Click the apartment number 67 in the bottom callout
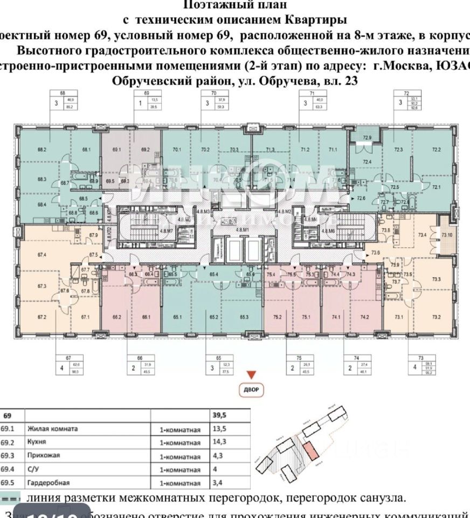(x=68, y=357)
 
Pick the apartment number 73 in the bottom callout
(x=420, y=357)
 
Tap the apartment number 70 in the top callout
(x=205, y=93)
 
